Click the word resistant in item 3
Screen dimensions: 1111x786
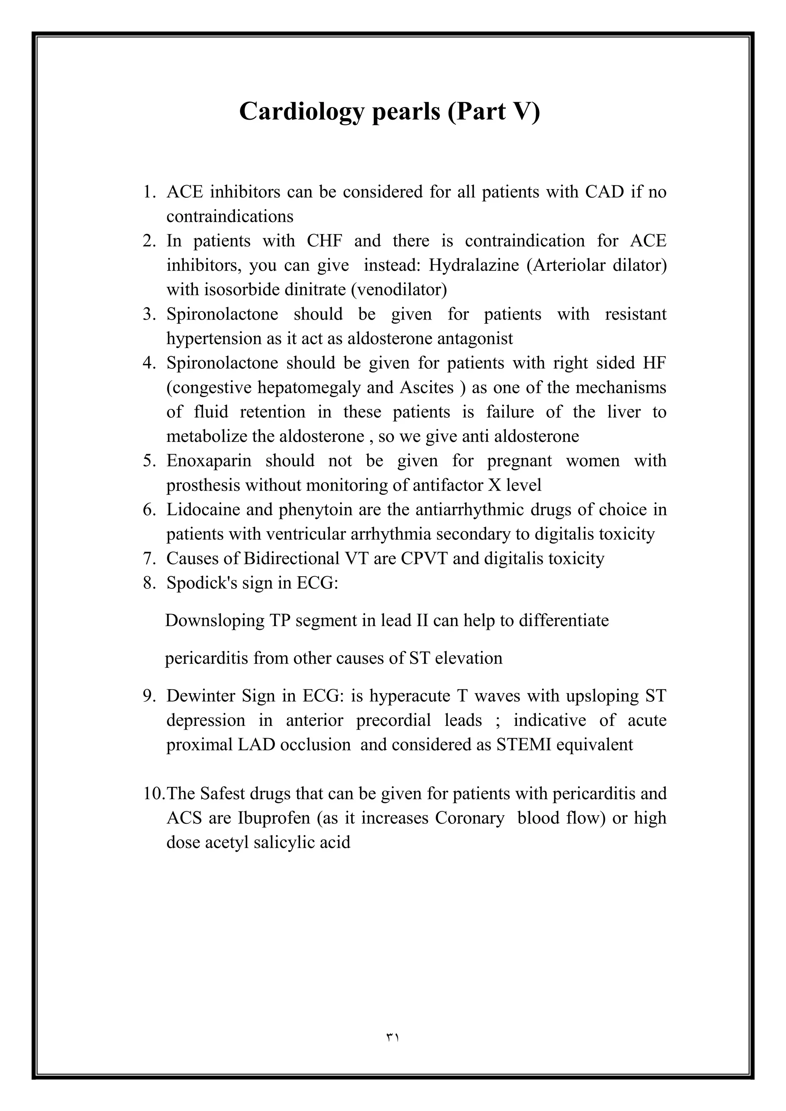(636, 314)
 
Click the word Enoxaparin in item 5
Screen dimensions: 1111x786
(209, 460)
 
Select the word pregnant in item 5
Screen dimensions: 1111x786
(519, 460)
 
